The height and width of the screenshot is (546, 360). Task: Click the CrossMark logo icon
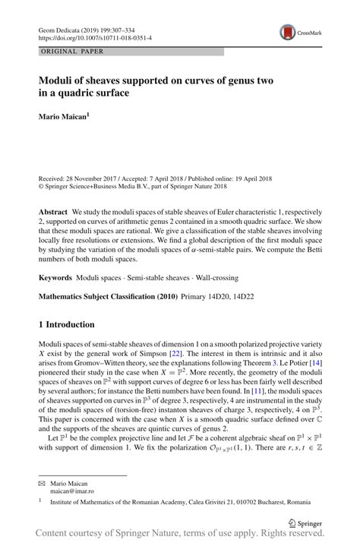(x=288, y=33)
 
